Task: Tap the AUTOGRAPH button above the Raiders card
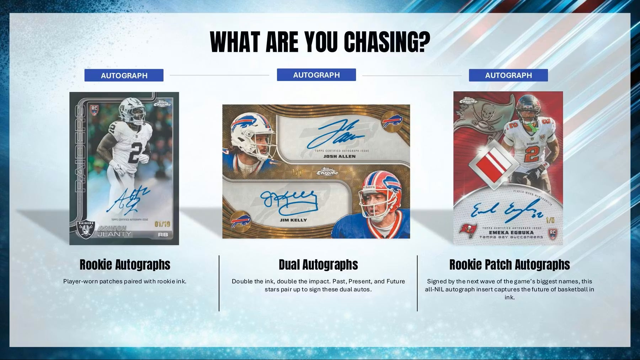pyautogui.click(x=124, y=75)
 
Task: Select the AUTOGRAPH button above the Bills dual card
pyautogui.click(x=316, y=75)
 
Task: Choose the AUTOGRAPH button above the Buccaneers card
pyautogui.click(x=508, y=75)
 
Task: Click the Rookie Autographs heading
pyautogui.click(x=125, y=265)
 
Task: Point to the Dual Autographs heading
pyautogui.click(x=318, y=265)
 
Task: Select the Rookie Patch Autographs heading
pyautogui.click(x=509, y=265)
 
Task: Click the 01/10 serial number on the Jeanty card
pyautogui.click(x=162, y=224)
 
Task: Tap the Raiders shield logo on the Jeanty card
pyautogui.click(x=86, y=230)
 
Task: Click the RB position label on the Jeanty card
pyautogui.click(x=163, y=235)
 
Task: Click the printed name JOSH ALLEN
pyautogui.click(x=339, y=156)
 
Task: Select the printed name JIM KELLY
pyautogui.click(x=293, y=220)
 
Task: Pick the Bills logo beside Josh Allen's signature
pyautogui.click(x=392, y=122)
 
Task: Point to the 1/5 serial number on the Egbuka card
pyautogui.click(x=550, y=220)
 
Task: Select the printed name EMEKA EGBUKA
pyautogui.click(x=511, y=233)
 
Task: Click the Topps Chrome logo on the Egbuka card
pyautogui.click(x=468, y=101)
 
